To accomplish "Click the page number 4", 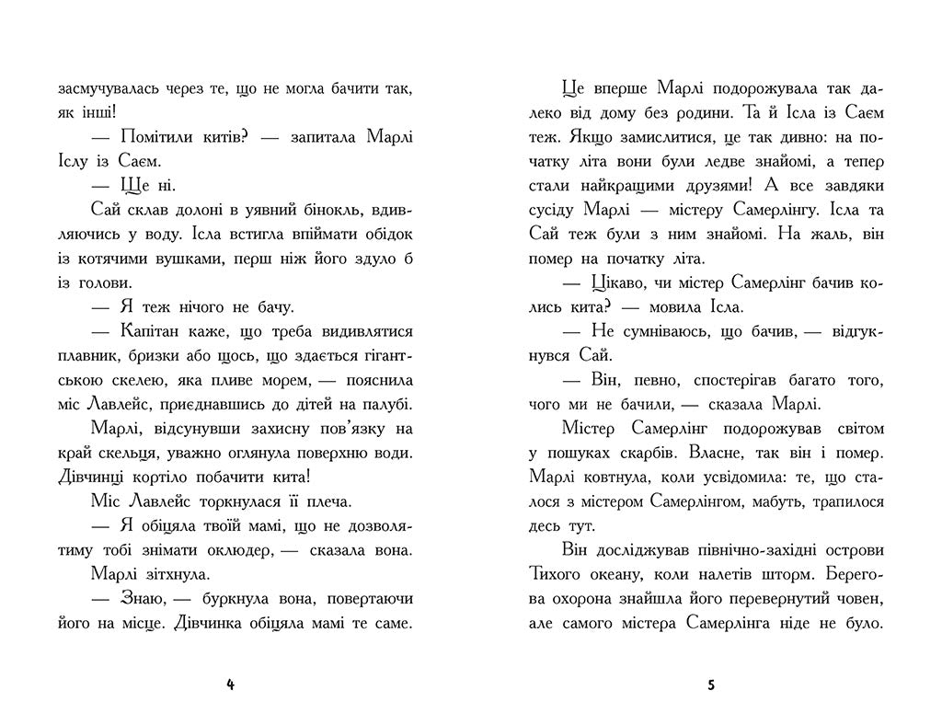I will pyautogui.click(x=230, y=685).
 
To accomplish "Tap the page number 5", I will pyautogui.click(x=711, y=685).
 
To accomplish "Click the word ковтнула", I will pyautogui.click(x=626, y=478).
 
